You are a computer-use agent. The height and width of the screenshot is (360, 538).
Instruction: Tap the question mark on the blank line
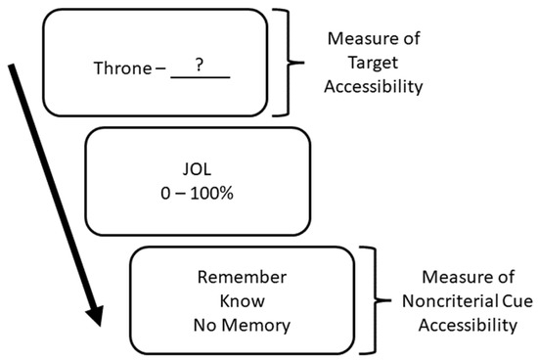199,65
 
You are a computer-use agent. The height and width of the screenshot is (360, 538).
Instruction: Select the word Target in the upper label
371,64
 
